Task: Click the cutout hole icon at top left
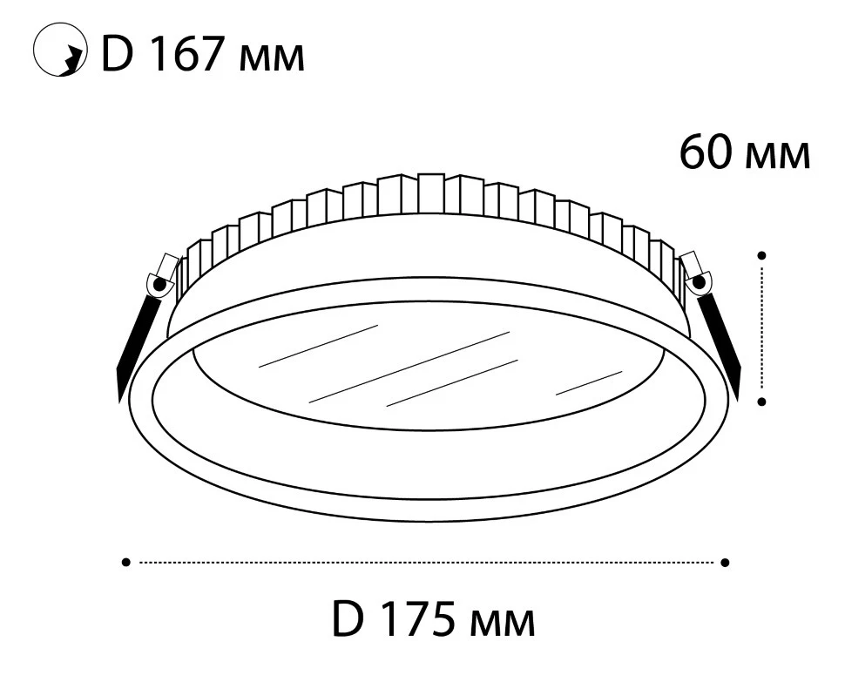(59, 49)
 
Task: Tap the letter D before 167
(117, 54)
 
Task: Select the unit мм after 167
(271, 59)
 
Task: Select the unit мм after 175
(503, 624)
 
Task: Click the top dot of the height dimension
(761, 255)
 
